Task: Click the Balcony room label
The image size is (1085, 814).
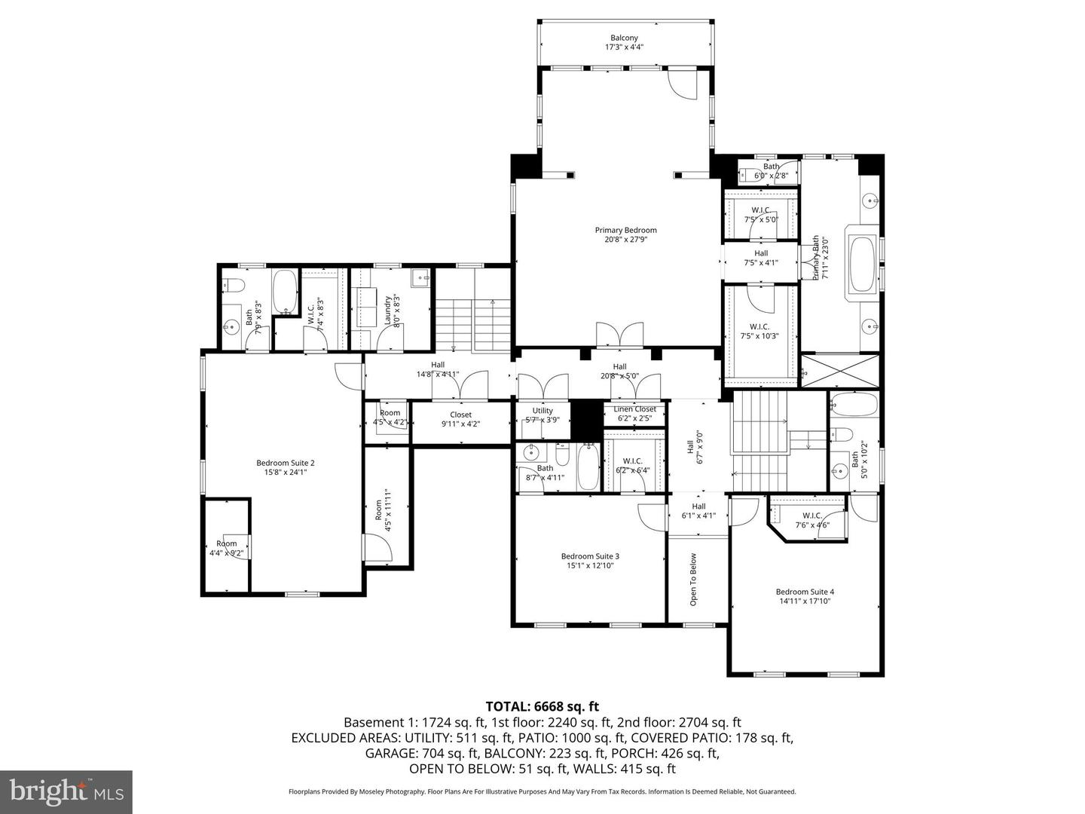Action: coord(624,42)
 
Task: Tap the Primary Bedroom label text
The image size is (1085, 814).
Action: coord(625,234)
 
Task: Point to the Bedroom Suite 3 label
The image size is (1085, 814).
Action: coord(590,561)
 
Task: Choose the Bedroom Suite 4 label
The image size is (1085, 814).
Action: coord(805,596)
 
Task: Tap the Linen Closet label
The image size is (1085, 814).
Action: coord(634,413)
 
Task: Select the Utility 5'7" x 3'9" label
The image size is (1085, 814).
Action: coord(542,415)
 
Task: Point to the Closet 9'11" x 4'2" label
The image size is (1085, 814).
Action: coord(460,419)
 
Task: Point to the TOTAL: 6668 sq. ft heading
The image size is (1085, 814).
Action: coord(542,706)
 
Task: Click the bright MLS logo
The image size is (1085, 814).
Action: coord(66,791)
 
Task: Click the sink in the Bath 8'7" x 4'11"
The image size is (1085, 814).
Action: coord(532,453)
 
